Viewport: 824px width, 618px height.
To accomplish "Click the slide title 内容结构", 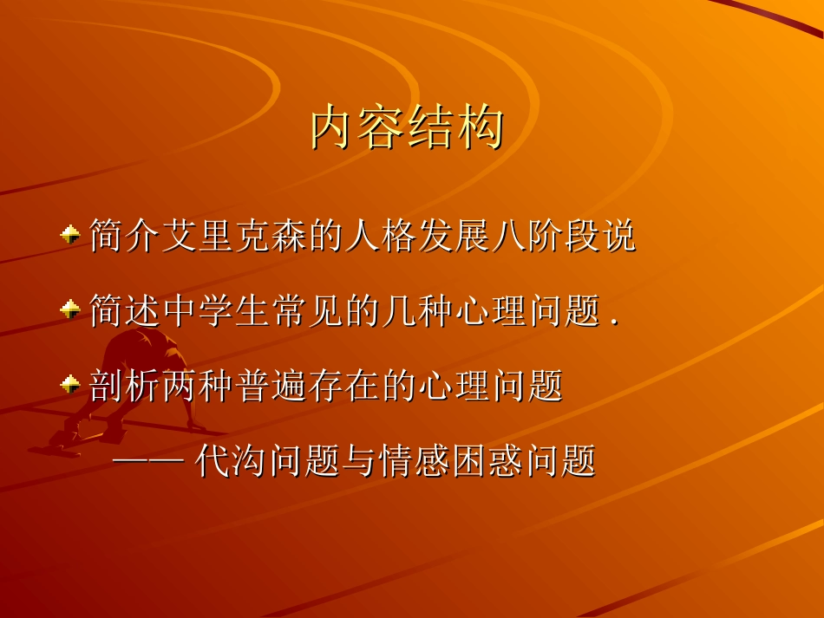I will tap(407, 129).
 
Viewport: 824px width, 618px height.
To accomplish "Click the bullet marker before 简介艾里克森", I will tap(70, 235).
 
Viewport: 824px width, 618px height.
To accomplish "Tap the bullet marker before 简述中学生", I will tap(70, 309).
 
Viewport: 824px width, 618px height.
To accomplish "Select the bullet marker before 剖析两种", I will tap(70, 384).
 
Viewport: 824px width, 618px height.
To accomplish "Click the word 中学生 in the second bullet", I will tap(216, 311).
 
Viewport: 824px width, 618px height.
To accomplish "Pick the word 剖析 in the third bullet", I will tap(125, 386).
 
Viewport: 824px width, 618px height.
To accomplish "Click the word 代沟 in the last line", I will tap(232, 461).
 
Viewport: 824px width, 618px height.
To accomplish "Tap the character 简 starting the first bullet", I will tap(107, 237).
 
